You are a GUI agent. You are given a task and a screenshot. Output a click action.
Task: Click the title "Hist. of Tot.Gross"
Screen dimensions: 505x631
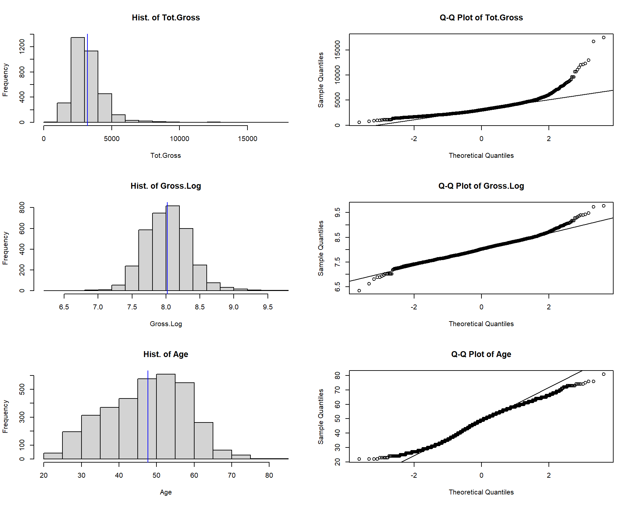166,18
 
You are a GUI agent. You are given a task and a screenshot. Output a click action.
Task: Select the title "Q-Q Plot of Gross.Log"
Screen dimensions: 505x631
481,186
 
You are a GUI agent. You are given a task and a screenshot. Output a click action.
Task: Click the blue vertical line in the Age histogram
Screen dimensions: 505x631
148,414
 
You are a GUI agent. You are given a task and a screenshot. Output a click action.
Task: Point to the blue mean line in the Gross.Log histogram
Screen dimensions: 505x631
167,247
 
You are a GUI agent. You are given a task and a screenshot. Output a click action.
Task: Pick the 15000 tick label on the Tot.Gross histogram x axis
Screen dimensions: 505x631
247,139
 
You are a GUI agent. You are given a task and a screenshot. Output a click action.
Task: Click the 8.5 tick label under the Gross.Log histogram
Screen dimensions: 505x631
199,307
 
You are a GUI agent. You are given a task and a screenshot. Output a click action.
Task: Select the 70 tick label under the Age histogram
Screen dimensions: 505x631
231,475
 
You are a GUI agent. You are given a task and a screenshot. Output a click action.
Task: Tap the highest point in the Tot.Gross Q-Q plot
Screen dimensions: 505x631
603,37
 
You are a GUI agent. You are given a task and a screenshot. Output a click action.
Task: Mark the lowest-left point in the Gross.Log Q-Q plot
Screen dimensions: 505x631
359,291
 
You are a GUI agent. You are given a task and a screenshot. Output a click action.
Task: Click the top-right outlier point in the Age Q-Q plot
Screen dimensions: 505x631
603,374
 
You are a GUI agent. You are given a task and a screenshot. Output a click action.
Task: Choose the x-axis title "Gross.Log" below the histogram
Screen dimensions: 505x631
166,324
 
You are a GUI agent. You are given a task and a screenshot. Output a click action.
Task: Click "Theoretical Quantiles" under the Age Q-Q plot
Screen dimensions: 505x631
481,492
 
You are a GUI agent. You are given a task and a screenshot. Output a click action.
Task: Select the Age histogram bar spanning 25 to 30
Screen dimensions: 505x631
72,445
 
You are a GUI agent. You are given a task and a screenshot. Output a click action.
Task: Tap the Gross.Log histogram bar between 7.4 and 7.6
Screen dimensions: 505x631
132,278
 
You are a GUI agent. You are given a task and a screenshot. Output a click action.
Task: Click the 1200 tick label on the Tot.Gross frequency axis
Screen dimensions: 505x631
22,46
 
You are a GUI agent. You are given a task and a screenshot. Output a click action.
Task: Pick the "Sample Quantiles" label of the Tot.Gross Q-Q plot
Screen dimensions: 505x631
321,80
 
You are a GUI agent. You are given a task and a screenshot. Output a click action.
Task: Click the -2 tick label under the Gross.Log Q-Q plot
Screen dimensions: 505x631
414,307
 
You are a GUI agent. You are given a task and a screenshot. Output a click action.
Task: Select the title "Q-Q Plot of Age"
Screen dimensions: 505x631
481,354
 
